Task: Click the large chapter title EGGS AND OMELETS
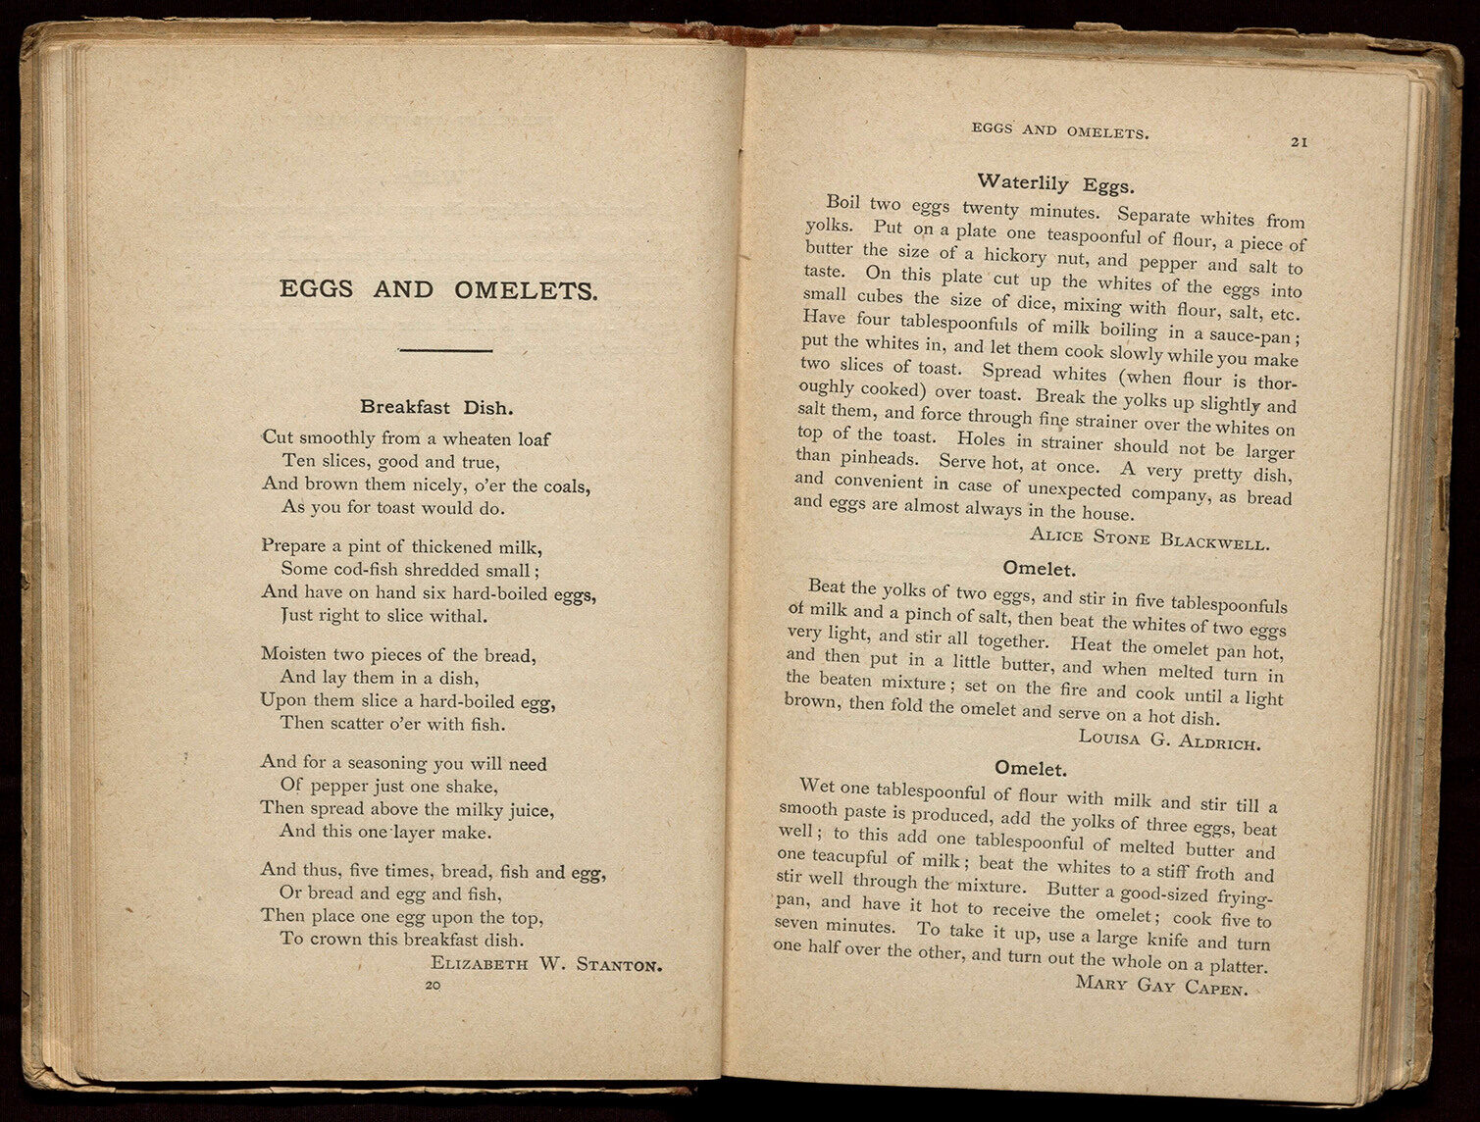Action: [437, 290]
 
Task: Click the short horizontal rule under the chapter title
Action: [445, 349]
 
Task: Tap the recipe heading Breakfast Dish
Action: [436, 407]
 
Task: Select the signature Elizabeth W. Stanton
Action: [546, 964]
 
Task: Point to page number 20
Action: [433, 986]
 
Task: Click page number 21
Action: [1299, 142]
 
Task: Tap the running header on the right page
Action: [1059, 130]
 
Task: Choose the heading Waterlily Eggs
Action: [1055, 183]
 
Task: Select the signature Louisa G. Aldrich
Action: [1169, 739]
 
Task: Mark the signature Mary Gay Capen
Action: [1161, 984]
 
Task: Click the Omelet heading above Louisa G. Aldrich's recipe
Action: [1040, 569]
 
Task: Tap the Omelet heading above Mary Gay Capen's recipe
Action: [1030, 768]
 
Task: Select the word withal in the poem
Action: [458, 617]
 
